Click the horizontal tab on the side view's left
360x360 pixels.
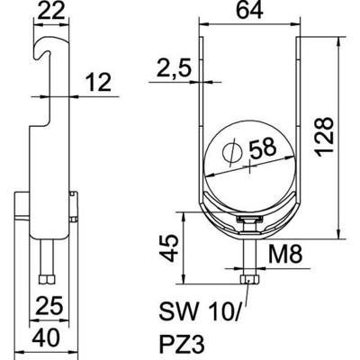22,217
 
